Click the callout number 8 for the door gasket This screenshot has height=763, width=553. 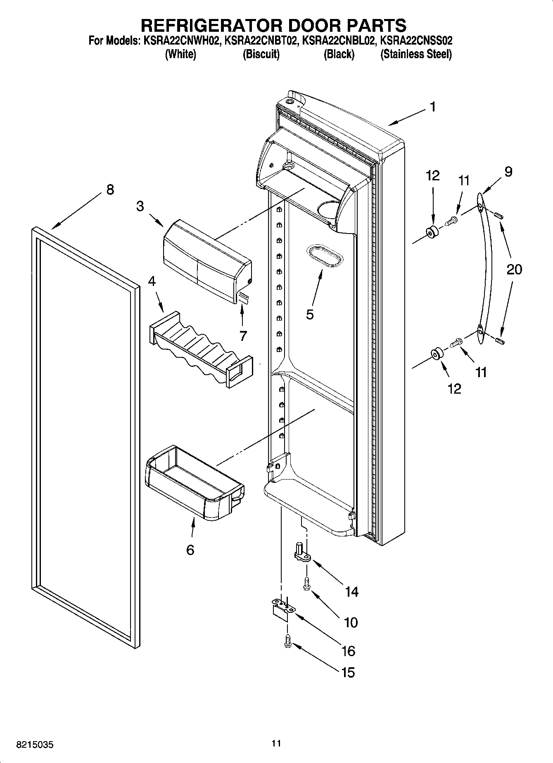click(x=110, y=190)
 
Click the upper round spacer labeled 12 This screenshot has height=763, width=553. click(x=432, y=233)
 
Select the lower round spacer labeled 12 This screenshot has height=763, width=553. click(x=437, y=354)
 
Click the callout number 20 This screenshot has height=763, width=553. click(x=514, y=269)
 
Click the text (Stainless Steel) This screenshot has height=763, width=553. click(x=416, y=54)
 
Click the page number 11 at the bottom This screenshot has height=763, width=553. click(x=276, y=743)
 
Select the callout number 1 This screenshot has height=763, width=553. click(x=432, y=107)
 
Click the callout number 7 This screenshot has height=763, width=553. click(x=243, y=336)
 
